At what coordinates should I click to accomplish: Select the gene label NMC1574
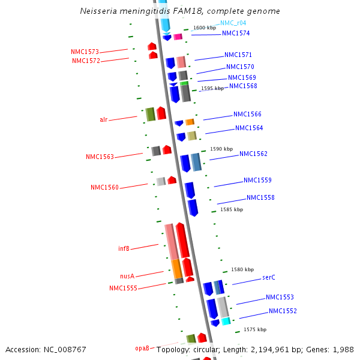tap(236, 34)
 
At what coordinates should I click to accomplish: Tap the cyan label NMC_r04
tap(233, 23)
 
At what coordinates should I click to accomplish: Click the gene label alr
tap(104, 119)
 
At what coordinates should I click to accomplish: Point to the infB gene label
tap(124, 248)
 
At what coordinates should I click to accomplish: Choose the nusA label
tap(127, 276)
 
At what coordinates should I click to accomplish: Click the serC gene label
tap(269, 278)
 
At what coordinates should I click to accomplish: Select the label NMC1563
tap(100, 157)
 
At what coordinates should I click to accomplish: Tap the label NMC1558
tap(260, 198)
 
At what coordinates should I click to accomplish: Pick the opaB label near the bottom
tap(142, 348)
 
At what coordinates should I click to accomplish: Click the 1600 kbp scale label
tap(204, 28)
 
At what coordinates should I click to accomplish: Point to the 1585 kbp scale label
tap(232, 209)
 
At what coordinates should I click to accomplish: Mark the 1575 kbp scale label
tap(255, 329)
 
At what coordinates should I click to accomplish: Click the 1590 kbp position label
tap(220, 149)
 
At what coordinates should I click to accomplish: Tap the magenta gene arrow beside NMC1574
tap(178, 37)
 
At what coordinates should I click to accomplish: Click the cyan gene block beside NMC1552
tap(226, 322)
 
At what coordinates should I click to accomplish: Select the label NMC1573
tap(85, 52)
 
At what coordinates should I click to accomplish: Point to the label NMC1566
tap(247, 115)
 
